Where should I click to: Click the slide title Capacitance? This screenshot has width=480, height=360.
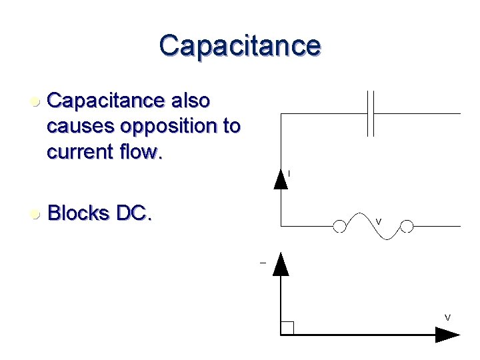pyautogui.click(x=240, y=45)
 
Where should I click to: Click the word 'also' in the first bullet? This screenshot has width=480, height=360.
pyautogui.click(x=191, y=101)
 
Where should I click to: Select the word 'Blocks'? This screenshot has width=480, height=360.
pyautogui.click(x=79, y=214)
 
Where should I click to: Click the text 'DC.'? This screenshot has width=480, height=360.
pyautogui.click(x=134, y=214)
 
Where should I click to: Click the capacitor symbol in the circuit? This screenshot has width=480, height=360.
pyautogui.click(x=372, y=113)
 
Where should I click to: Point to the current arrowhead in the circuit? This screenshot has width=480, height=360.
pyautogui.click(x=281, y=179)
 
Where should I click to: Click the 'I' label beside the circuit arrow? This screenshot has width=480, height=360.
pyautogui.click(x=289, y=174)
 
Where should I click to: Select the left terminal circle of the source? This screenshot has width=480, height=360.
pyautogui.click(x=340, y=227)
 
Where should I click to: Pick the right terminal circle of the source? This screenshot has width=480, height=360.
pyautogui.click(x=407, y=227)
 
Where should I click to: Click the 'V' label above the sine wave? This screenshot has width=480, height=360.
pyautogui.click(x=378, y=221)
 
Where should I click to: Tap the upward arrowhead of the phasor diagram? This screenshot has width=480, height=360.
pyautogui.click(x=281, y=264)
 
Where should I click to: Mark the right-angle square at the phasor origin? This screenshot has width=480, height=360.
pyautogui.click(x=287, y=327)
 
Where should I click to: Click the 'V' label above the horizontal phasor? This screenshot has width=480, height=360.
pyautogui.click(x=447, y=317)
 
